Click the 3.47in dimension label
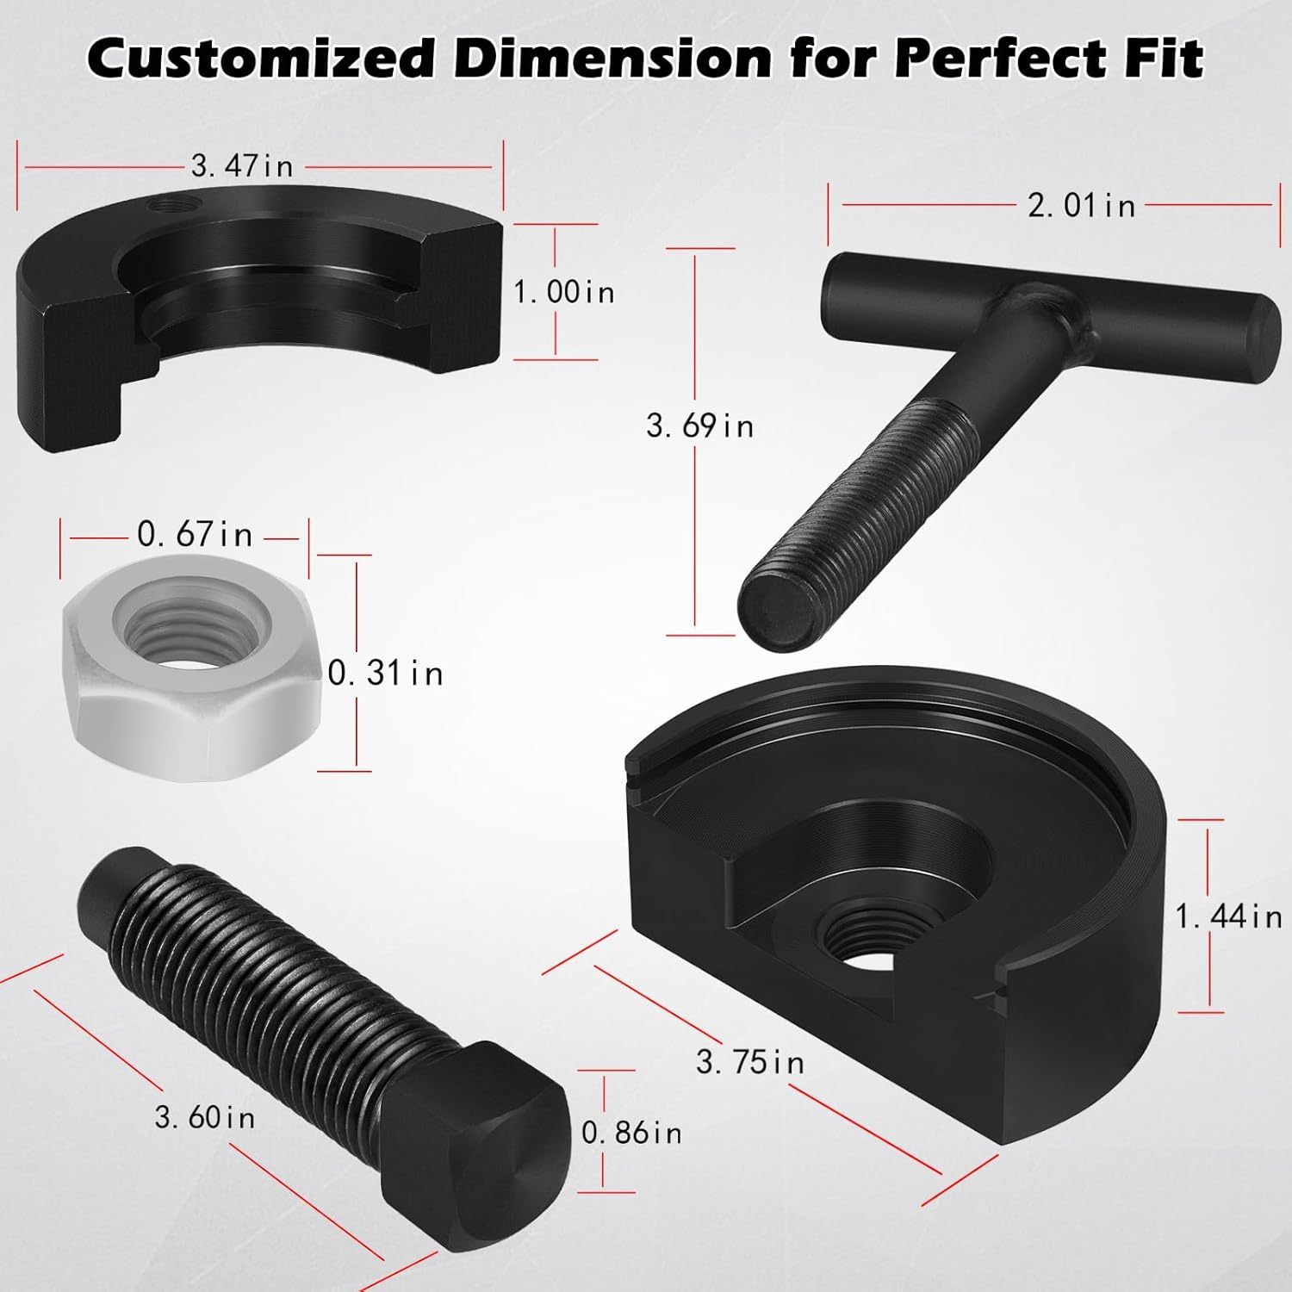[242, 165]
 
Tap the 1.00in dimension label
[564, 292]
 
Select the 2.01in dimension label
[1081, 205]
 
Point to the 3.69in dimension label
[699, 425]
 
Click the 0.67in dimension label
[195, 535]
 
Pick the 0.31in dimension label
[386, 673]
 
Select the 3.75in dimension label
[749, 1062]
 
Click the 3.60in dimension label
[205, 1118]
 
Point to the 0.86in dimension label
[631, 1133]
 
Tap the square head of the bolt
[482, 1146]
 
